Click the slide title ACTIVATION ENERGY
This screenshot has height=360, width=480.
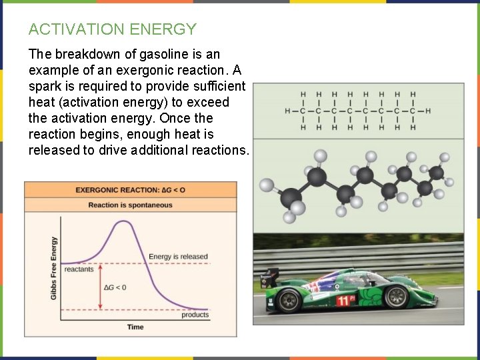(x=113, y=29)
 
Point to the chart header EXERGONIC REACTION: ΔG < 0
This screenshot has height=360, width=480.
(x=130, y=190)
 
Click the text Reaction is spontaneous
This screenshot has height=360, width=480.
(x=130, y=205)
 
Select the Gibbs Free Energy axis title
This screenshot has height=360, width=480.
(x=54, y=267)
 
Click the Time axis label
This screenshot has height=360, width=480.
(x=135, y=327)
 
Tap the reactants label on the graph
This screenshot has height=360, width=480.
(x=79, y=270)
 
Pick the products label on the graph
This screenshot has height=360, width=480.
(x=195, y=315)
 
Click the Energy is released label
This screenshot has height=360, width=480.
(x=178, y=257)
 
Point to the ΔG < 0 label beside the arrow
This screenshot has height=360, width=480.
(x=115, y=287)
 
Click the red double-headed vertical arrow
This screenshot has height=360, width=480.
(x=100, y=287)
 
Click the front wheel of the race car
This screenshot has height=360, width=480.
(x=397, y=295)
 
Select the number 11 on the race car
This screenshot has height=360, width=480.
(x=342, y=301)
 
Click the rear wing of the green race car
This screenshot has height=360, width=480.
(x=270, y=274)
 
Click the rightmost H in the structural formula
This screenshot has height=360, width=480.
(x=428, y=111)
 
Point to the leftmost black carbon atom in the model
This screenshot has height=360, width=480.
(x=291, y=198)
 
